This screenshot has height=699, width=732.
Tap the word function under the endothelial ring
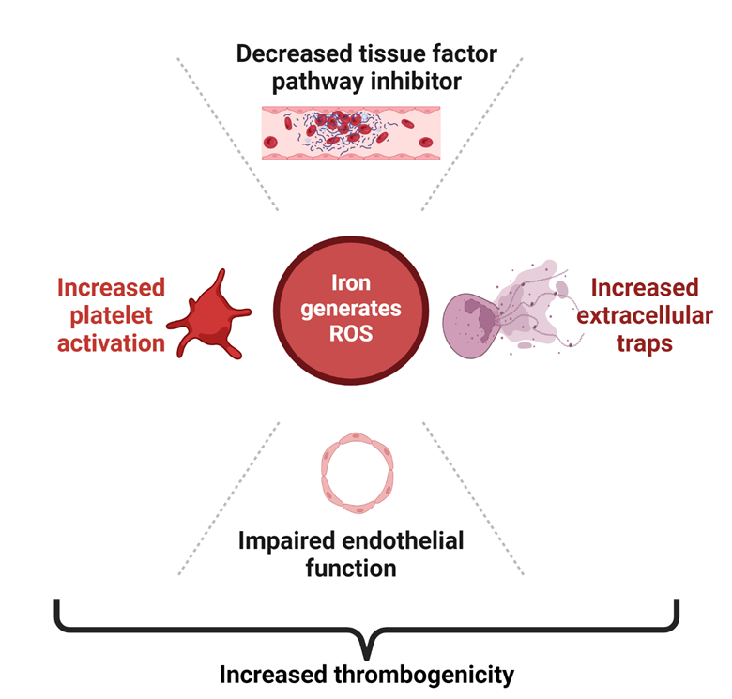pyautogui.click(x=351, y=569)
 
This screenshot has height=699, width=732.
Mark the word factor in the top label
pyautogui.click(x=462, y=53)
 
